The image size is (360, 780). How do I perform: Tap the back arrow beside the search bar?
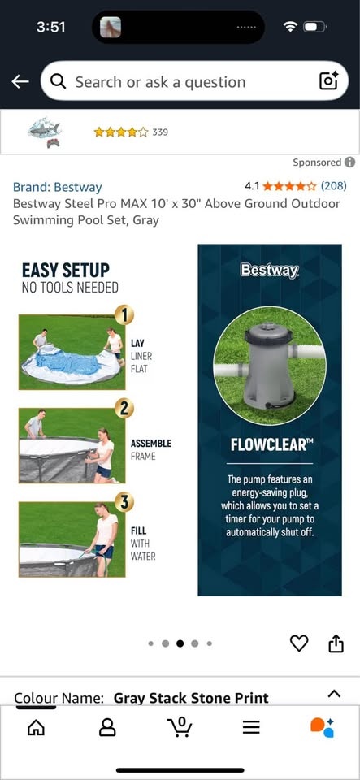click(x=20, y=81)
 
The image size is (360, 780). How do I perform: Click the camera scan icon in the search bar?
click(x=328, y=81)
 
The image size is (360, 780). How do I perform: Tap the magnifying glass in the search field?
click(x=59, y=82)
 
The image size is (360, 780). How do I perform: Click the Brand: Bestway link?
click(x=57, y=188)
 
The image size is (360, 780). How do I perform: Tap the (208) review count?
click(x=333, y=186)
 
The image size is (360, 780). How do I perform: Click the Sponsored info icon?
click(x=350, y=162)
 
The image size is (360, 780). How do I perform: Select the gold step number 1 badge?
click(x=124, y=314)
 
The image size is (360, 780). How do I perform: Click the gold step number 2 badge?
click(x=124, y=409)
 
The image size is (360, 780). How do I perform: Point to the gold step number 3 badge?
click(x=124, y=502)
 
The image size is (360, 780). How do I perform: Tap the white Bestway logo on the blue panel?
click(x=270, y=270)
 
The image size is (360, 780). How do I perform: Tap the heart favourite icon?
click(x=299, y=643)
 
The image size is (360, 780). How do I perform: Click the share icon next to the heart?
click(x=336, y=643)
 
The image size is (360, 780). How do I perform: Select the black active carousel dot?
click(x=180, y=643)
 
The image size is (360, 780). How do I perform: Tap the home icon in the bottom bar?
click(x=36, y=728)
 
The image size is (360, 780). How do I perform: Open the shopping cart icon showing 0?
click(x=179, y=726)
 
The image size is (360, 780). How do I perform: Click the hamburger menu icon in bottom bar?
click(x=251, y=728)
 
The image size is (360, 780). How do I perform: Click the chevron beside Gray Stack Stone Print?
click(x=335, y=693)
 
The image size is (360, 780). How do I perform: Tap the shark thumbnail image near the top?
click(x=45, y=132)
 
